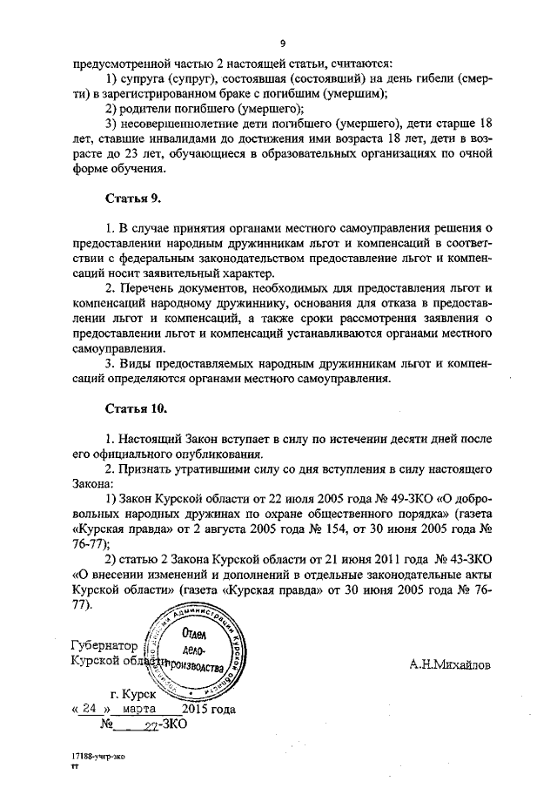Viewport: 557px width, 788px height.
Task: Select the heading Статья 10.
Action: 135,407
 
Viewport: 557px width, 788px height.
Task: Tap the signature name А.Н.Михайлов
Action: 449,663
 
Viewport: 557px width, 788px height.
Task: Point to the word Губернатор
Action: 104,647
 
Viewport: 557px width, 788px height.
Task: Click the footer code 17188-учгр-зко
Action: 98,757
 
